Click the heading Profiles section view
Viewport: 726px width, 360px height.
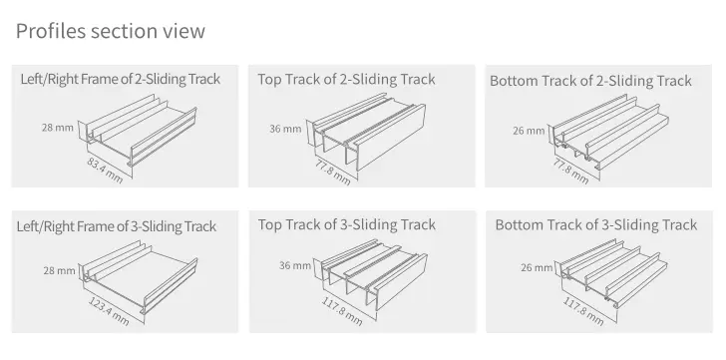(x=110, y=31)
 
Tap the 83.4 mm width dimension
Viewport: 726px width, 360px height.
(x=105, y=171)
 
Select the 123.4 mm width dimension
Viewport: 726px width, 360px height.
(x=109, y=311)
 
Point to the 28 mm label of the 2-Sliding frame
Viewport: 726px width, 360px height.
(x=58, y=128)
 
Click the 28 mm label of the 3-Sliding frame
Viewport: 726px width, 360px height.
(x=59, y=270)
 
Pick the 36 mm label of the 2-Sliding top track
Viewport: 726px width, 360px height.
(x=285, y=129)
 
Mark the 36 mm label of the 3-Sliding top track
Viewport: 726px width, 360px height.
(x=295, y=265)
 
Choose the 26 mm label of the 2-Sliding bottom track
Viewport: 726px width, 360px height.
(x=529, y=131)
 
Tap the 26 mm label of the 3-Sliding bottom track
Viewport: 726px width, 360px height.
(x=537, y=267)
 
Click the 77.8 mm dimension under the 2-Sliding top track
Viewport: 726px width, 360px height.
(x=333, y=173)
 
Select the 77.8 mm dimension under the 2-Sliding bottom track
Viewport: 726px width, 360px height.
(x=571, y=172)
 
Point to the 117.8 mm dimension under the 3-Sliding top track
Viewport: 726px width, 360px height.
(x=342, y=311)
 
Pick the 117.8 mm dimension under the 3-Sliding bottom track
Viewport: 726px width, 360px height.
(x=583, y=311)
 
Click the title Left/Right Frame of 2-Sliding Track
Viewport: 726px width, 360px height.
(x=121, y=79)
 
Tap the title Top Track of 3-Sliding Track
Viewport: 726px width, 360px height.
(x=346, y=225)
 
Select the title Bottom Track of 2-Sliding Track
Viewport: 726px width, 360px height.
(x=590, y=81)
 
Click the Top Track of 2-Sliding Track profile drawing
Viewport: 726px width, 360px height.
(x=369, y=131)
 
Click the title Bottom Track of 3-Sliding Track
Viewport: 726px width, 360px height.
(x=596, y=225)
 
